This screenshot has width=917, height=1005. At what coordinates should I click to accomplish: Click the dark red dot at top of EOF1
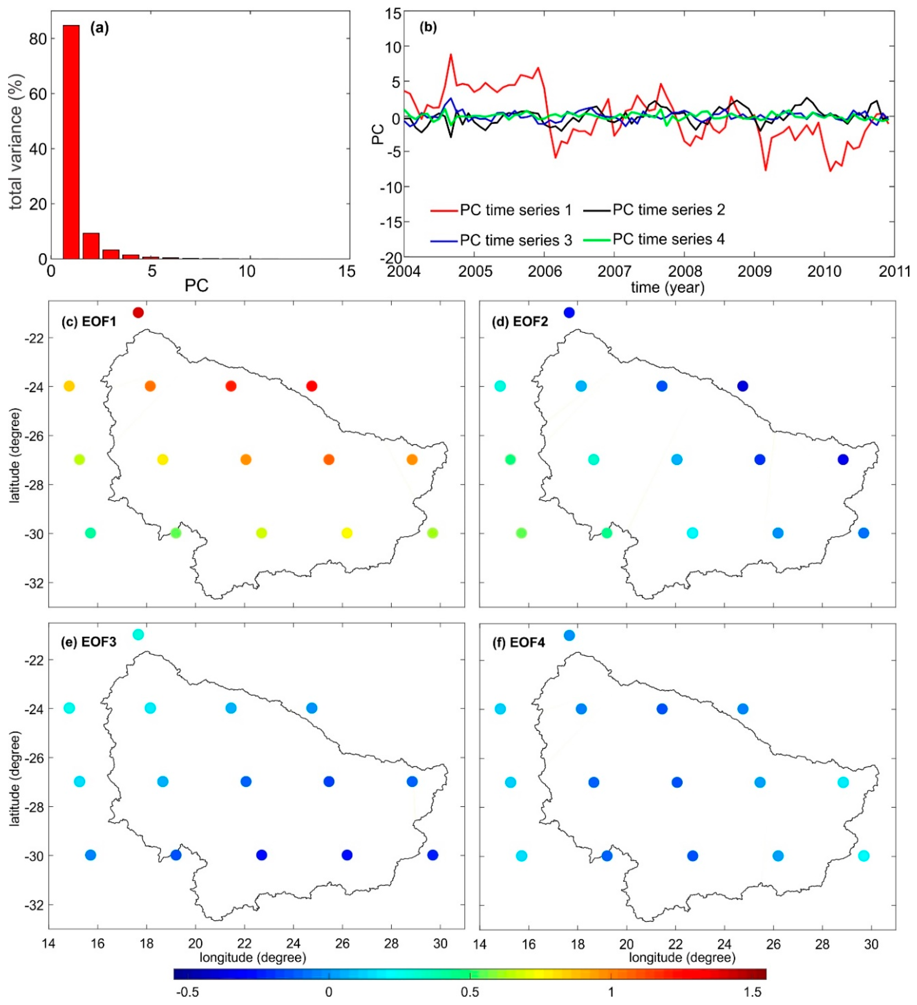coord(138,313)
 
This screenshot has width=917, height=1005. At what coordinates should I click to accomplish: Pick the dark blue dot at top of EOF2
coord(569,313)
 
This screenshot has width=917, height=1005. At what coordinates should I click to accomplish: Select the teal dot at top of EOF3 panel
coord(138,635)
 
